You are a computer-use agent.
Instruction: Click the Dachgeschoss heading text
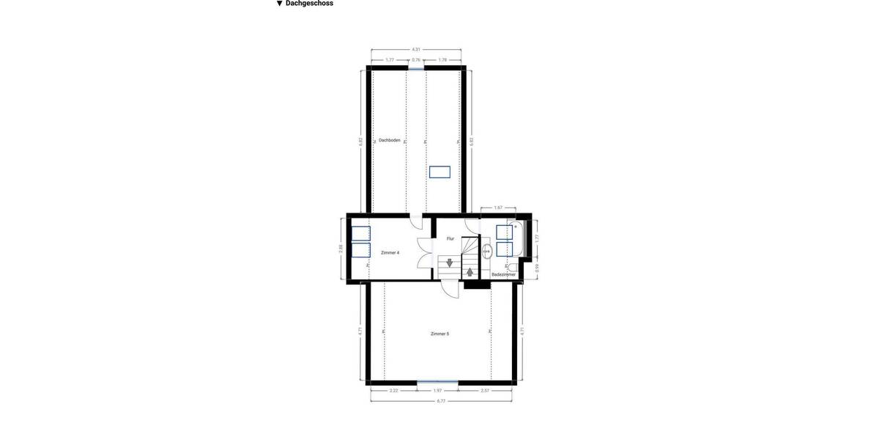[309, 4]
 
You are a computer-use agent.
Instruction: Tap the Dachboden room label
[389, 140]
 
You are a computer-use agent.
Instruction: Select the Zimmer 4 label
[390, 252]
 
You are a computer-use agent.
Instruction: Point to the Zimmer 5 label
[439, 334]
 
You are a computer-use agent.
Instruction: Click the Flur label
[450, 238]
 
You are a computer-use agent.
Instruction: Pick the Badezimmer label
[503, 274]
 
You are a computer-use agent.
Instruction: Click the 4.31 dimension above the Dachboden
[416, 49]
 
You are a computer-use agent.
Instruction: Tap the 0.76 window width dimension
[416, 60]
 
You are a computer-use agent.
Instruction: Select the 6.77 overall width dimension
[441, 401]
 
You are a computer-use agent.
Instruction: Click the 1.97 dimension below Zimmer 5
[437, 391]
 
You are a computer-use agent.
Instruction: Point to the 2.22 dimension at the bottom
[393, 391]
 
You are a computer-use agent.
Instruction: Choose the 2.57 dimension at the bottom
[485, 391]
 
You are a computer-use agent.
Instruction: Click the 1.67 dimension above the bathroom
[498, 208]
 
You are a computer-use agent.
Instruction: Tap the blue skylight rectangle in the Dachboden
[439, 172]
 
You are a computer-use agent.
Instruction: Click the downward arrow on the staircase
[449, 263]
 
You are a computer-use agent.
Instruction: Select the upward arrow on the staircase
[470, 272]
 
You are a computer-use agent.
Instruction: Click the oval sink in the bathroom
[486, 251]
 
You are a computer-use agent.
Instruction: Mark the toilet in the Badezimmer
[513, 268]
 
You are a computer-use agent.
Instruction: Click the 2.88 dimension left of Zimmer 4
[341, 249]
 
